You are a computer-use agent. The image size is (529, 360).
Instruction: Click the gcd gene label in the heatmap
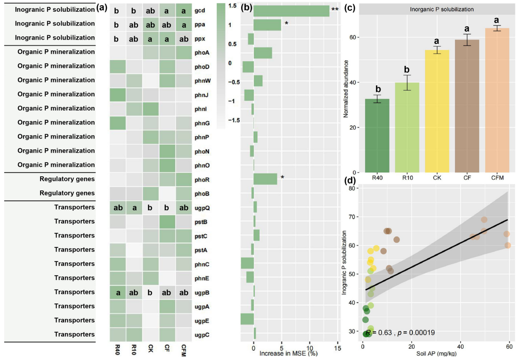point(200,9)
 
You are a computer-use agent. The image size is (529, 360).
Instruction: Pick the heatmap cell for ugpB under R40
point(117,292)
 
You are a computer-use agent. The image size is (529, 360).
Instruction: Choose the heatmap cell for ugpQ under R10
point(133,207)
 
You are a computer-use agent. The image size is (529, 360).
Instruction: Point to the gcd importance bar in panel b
point(291,11)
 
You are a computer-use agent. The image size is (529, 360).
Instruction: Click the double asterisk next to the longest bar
point(335,9)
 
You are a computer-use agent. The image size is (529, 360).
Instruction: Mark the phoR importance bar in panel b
point(265,179)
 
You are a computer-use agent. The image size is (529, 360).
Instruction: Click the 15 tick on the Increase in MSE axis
point(337,349)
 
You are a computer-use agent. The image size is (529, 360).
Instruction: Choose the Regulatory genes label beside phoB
point(67,193)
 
